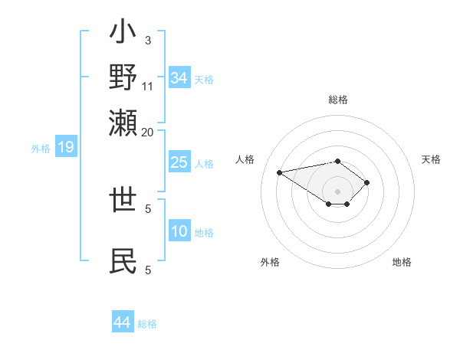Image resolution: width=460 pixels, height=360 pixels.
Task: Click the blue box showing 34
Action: pos(179,77)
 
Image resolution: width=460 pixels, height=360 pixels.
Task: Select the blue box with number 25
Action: pos(179,162)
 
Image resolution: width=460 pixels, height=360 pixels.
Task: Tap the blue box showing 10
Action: pos(179,231)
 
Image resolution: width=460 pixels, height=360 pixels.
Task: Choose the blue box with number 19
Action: pos(66,147)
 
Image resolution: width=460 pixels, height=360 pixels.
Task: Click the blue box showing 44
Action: pos(123,322)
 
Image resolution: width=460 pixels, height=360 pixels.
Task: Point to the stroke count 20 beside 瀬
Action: pos(148,132)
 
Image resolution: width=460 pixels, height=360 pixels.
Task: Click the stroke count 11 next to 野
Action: pos(148,87)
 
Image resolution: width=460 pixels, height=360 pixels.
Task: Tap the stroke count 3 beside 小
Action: pos(147,40)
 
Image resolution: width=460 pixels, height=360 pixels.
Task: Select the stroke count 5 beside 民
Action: pos(148,269)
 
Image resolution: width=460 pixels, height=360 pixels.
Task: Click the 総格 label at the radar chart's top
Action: pos(337,100)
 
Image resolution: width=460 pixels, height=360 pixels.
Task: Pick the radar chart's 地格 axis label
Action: pos(402,262)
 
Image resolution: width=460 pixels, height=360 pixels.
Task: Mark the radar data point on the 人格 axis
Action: pos(280,172)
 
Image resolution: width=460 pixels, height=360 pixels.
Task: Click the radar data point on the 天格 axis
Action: pos(367,182)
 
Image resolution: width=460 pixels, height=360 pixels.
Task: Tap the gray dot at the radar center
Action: pos(337,191)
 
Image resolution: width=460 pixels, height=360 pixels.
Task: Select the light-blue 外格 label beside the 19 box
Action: pos(41,149)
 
